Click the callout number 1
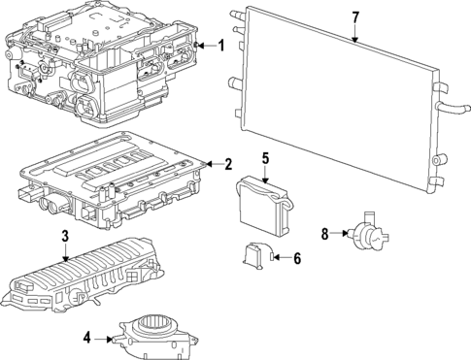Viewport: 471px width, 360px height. (x=220, y=45)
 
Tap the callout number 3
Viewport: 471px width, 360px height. (x=64, y=236)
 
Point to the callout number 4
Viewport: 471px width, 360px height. (x=87, y=338)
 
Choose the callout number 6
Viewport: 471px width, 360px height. (x=297, y=257)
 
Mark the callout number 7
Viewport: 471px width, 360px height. (x=355, y=17)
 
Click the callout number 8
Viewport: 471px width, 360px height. (x=325, y=233)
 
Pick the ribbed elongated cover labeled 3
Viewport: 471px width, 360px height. (x=83, y=286)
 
